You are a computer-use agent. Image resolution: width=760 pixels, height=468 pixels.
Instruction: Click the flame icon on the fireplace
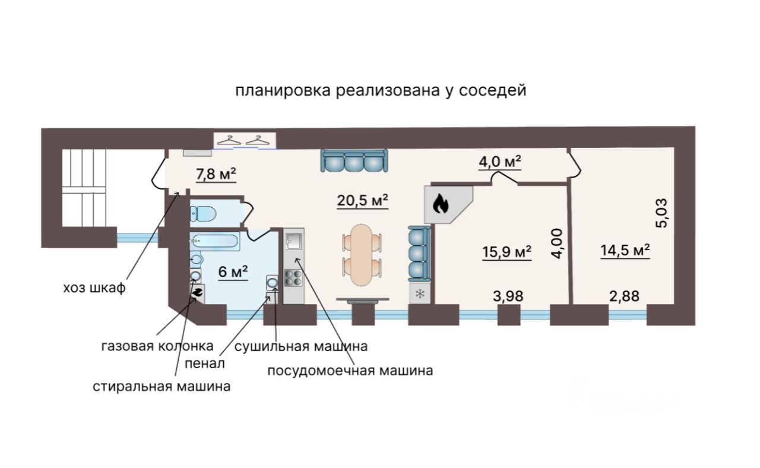click(440, 205)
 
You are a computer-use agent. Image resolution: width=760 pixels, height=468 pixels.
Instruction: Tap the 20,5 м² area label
click(363, 201)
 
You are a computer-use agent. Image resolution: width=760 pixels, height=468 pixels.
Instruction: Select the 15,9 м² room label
click(506, 252)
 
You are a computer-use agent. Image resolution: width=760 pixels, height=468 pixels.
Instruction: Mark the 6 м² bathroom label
click(233, 273)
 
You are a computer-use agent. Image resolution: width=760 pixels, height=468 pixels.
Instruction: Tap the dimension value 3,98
click(508, 296)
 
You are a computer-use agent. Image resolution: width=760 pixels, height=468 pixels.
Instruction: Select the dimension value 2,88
click(625, 296)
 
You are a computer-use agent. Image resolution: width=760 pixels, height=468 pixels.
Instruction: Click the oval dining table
click(362, 254)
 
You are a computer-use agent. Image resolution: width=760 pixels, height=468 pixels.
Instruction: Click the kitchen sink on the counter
click(293, 241)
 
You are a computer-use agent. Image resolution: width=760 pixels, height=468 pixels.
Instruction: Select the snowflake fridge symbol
click(420, 293)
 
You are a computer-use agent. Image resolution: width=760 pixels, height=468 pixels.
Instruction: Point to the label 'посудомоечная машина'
click(350, 371)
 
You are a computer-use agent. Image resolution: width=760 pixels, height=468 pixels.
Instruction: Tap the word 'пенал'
click(205, 362)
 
